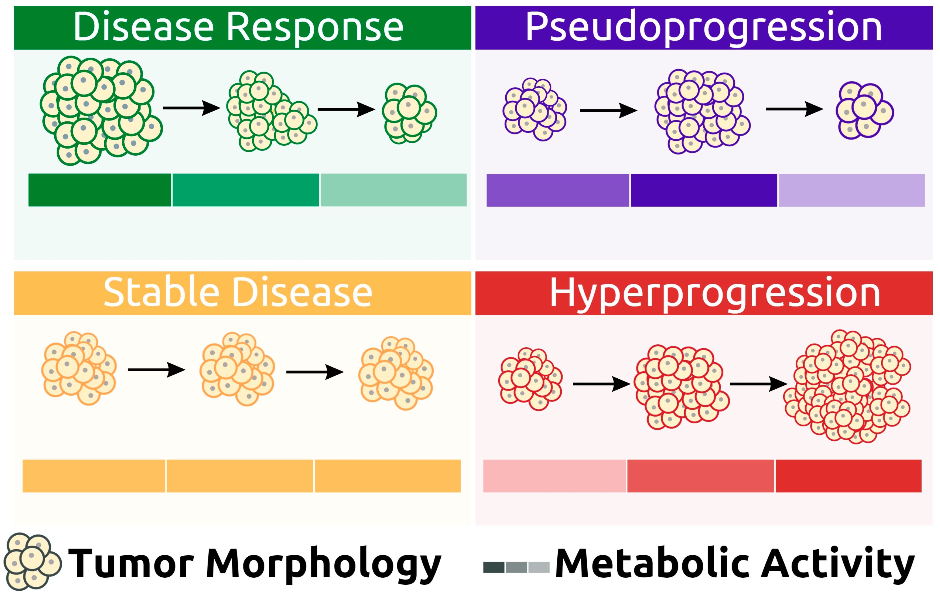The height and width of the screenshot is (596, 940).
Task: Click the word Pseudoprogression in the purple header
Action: pyautogui.click(x=703, y=27)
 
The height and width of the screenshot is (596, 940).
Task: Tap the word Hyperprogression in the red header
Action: pyautogui.click(x=715, y=293)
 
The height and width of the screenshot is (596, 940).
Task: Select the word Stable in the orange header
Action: pyautogui.click(x=161, y=293)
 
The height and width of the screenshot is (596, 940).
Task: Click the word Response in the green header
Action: pyautogui.click(x=315, y=27)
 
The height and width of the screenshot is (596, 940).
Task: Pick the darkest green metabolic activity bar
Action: pyautogui.click(x=100, y=190)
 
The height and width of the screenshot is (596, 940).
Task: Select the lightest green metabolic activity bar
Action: pyautogui.click(x=393, y=190)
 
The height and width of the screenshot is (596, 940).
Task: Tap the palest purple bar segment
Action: pyautogui.click(x=851, y=190)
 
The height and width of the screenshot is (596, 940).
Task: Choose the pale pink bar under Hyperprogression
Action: pyautogui.click(x=554, y=476)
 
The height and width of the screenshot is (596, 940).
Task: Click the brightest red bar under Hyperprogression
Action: pyautogui.click(x=848, y=476)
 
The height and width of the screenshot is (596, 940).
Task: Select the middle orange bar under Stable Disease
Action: pyautogui.click(x=240, y=476)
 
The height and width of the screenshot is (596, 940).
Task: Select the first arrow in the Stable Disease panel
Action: pyautogui.click(x=156, y=370)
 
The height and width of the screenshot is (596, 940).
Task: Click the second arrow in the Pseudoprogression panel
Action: pyautogui.click(x=794, y=109)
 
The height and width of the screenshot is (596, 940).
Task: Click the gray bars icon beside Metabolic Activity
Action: pyautogui.click(x=516, y=567)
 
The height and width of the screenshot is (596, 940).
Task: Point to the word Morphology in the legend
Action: pyautogui.click(x=323, y=563)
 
